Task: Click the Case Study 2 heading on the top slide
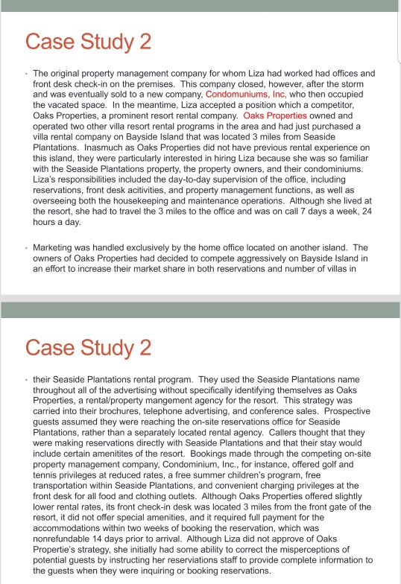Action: point(88,42)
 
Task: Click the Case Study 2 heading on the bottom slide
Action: point(88,347)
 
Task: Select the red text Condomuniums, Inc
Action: point(247,95)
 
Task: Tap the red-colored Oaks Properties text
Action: point(275,117)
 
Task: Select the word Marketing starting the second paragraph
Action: point(57,247)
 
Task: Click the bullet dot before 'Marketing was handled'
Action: point(27,247)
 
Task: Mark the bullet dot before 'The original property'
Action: point(27,74)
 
